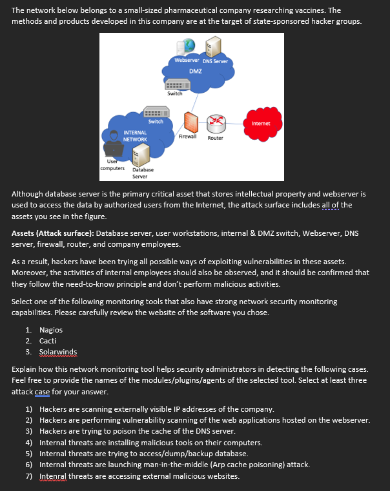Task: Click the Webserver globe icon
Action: point(188,46)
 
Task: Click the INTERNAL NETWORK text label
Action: point(135,136)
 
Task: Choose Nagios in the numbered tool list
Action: point(51,329)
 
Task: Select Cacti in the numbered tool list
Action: point(48,340)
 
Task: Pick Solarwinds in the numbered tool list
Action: point(57,351)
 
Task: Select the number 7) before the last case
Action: point(29,476)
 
